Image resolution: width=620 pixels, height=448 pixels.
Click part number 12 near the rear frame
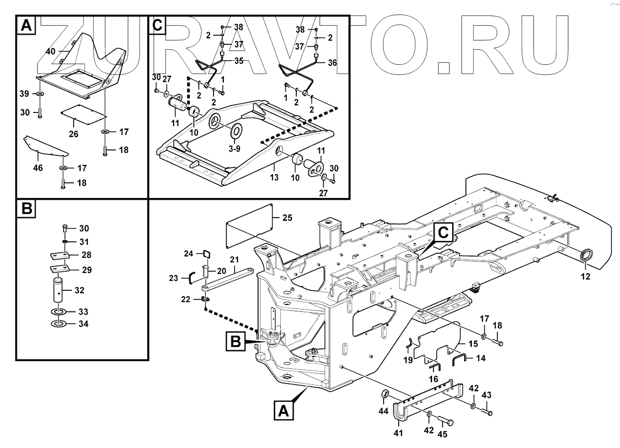coord(585,276)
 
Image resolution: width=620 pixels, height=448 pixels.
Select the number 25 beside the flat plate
coord(287,218)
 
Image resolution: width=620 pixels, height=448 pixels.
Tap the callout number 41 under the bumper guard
coord(398,433)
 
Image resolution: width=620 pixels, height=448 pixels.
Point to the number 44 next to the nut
coord(383,412)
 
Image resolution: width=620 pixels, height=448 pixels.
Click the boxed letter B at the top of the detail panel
coord(27,209)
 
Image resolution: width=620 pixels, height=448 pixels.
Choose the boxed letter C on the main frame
coord(443,233)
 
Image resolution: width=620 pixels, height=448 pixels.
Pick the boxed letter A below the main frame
coord(284,411)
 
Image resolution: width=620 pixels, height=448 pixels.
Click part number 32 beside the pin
coord(79,290)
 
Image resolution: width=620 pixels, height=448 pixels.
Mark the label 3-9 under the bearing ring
coord(234,149)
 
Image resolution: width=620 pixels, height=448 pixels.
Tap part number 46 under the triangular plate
coord(38,168)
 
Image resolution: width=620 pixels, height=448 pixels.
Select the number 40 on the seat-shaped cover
coord(51,51)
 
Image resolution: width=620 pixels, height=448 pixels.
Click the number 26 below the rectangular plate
coord(74,134)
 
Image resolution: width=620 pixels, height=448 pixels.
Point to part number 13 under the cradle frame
coord(274,177)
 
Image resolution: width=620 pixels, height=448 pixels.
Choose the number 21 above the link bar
coord(234,260)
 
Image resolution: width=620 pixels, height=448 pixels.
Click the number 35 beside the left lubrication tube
coord(239,60)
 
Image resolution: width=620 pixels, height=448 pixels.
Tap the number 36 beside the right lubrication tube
coord(332,63)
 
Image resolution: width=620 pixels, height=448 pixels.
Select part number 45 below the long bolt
coord(443,434)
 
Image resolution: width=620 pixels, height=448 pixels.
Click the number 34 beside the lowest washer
coord(83,324)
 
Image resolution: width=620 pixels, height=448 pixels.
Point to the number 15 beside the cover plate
coord(473,343)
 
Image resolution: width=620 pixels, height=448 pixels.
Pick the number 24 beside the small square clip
coord(189,253)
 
